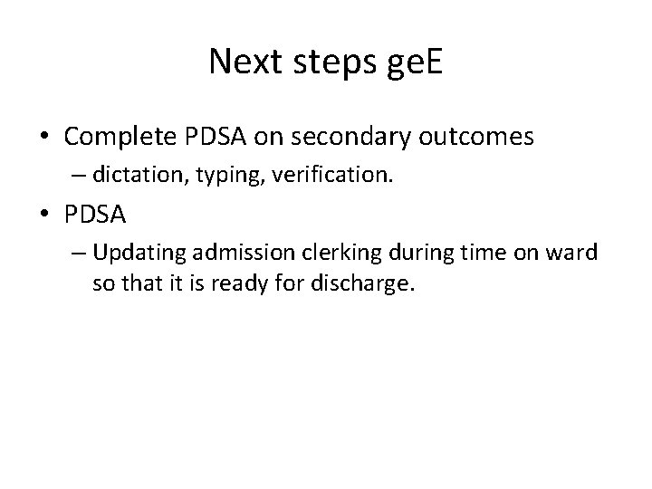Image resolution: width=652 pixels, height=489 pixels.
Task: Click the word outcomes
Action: (x=485, y=137)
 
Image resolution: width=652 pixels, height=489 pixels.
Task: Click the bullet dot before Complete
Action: (x=44, y=138)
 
